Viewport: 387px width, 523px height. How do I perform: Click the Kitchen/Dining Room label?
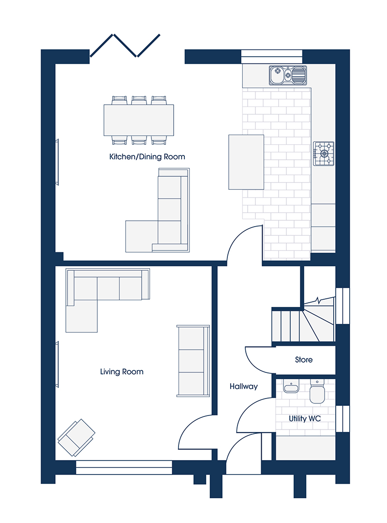click(147, 157)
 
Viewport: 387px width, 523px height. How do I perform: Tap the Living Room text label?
click(122, 371)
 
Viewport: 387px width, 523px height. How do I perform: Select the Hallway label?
click(244, 386)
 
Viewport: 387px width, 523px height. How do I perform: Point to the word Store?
click(304, 359)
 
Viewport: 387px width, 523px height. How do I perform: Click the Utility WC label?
click(305, 418)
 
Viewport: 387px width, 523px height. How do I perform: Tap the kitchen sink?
click(288, 76)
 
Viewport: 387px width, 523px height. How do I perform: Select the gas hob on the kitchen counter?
click(323, 154)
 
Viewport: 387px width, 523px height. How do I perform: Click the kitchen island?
click(246, 162)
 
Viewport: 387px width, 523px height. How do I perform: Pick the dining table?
click(139, 120)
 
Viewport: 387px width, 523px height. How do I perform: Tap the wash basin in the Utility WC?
click(291, 387)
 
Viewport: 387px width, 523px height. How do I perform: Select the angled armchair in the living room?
click(76, 438)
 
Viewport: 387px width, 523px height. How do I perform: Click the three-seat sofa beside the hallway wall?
click(193, 361)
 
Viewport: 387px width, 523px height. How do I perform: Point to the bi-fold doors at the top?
click(125, 46)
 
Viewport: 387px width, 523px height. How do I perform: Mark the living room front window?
click(124, 467)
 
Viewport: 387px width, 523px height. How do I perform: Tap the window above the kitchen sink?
click(272, 56)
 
